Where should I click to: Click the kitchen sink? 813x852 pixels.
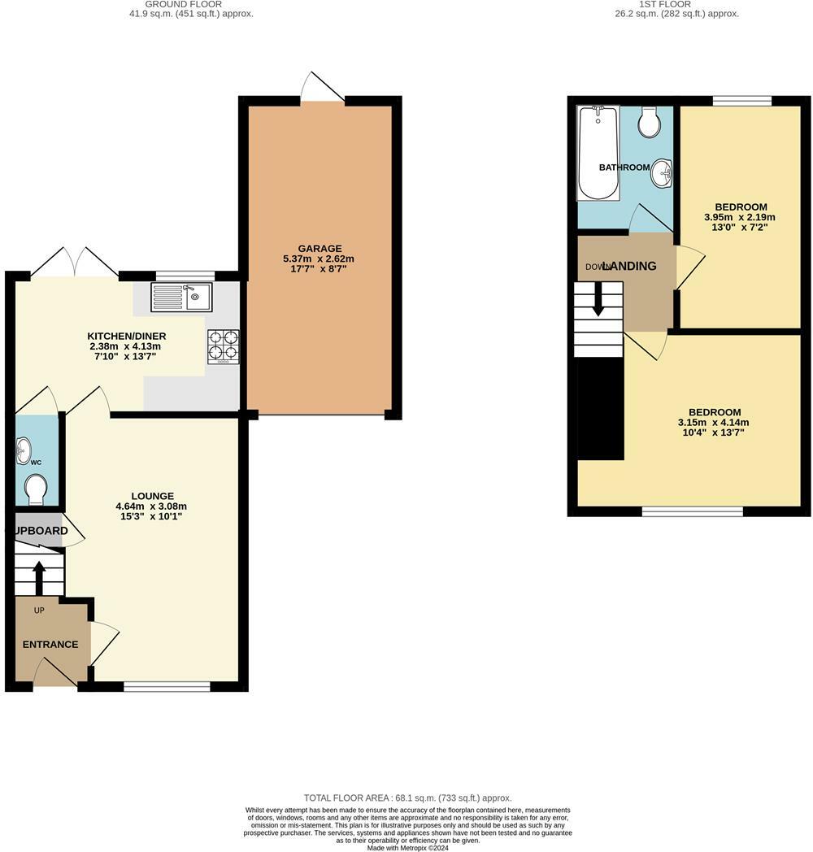point(181,297)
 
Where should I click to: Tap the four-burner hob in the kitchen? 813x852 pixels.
point(224,345)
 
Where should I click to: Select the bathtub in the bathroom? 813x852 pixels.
point(598,152)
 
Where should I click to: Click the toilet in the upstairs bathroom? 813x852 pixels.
point(650,123)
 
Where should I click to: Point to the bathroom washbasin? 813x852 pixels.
point(664,172)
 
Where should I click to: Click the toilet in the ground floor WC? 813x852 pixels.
point(36,489)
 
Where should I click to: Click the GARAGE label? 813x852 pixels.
point(320,249)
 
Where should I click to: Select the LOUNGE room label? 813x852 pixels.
point(153,496)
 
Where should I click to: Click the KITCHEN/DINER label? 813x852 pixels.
point(127,336)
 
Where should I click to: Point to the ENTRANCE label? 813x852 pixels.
point(50,645)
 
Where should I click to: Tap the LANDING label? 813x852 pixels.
point(628,266)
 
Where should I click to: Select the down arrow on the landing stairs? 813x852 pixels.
point(598,302)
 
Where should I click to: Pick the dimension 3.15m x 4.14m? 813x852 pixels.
point(713,422)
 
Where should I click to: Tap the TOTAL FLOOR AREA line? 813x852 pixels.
point(407,798)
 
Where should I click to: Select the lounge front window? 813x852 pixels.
point(167,687)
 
